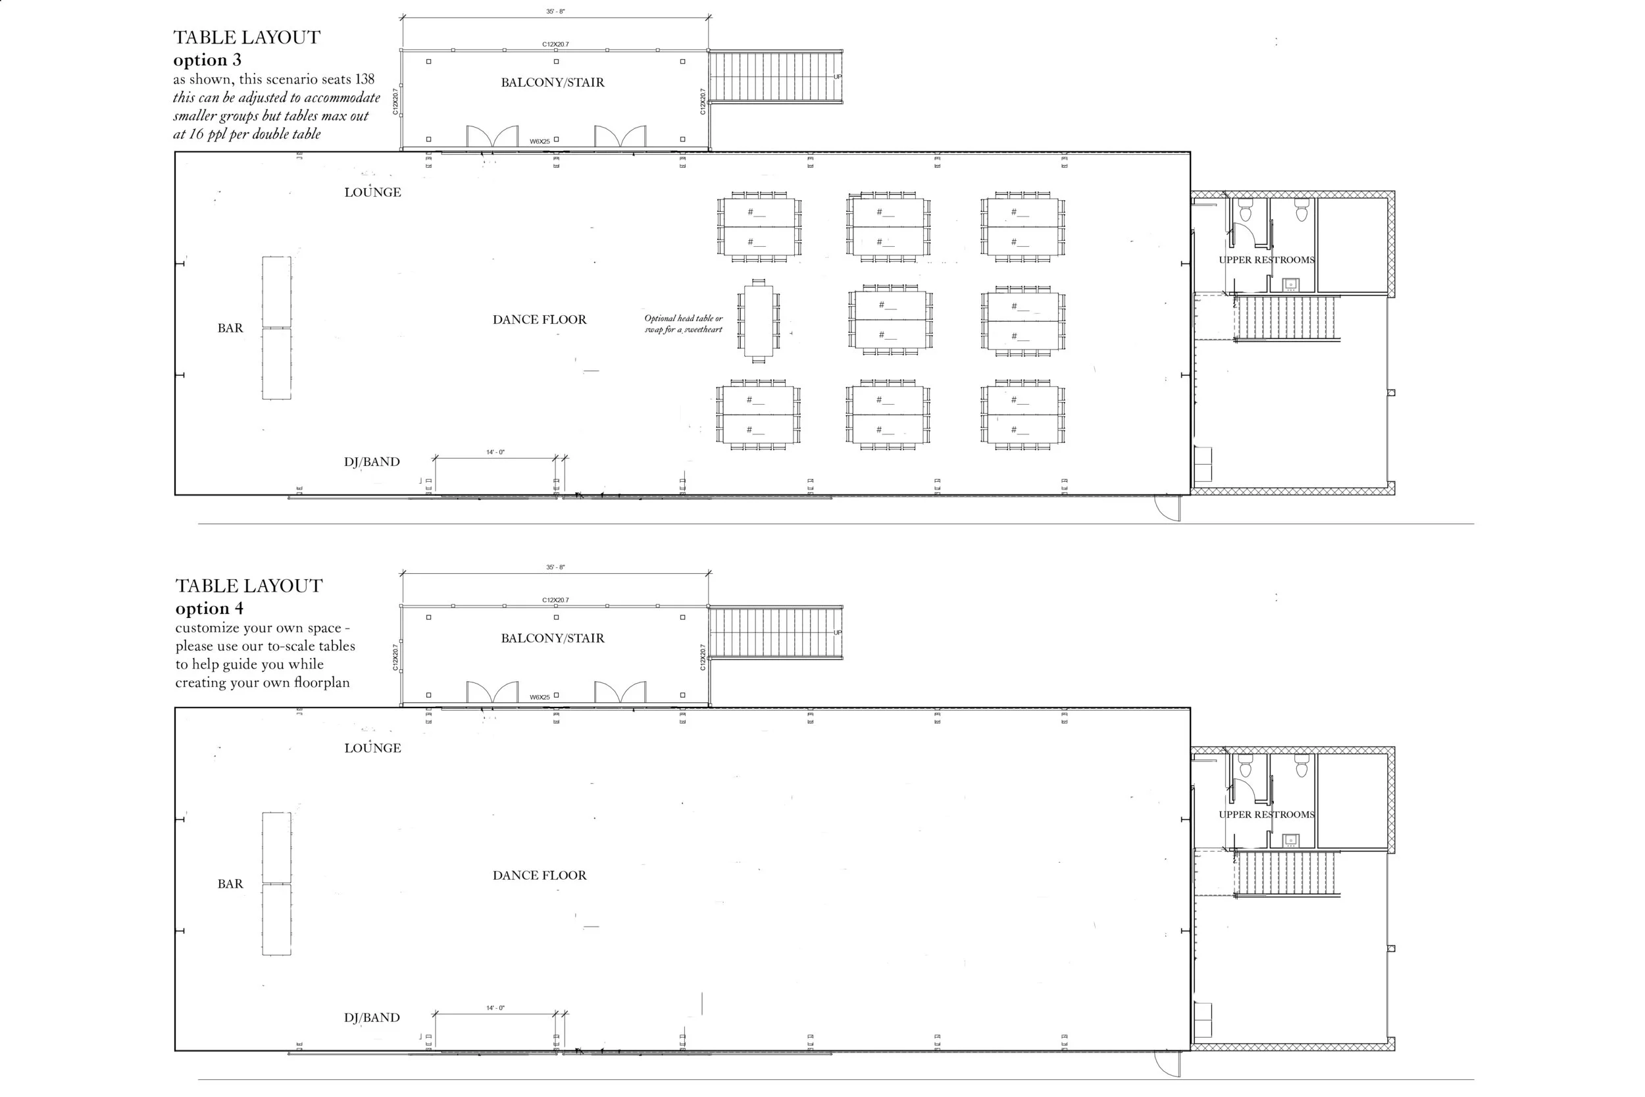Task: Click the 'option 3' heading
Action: pyautogui.click(x=207, y=60)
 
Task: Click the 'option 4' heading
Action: pyautogui.click(x=209, y=609)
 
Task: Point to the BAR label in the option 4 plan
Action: pyautogui.click(x=230, y=884)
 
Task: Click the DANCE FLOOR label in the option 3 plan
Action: pyautogui.click(x=540, y=320)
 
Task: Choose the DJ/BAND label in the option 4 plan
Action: pyautogui.click(x=371, y=1018)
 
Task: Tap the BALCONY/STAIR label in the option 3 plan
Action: pyautogui.click(x=553, y=82)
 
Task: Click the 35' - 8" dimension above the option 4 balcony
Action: pyautogui.click(x=555, y=567)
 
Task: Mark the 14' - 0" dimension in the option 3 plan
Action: pyautogui.click(x=495, y=453)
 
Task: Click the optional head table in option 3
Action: pyautogui.click(x=758, y=320)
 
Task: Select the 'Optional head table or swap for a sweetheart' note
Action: pyautogui.click(x=683, y=324)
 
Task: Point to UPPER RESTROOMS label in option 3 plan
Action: pyautogui.click(x=1266, y=260)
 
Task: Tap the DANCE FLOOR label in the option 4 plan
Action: pyautogui.click(x=540, y=875)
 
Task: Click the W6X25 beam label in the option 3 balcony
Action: pyautogui.click(x=540, y=142)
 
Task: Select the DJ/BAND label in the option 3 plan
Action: pyautogui.click(x=371, y=462)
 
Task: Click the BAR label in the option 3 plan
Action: pyautogui.click(x=230, y=328)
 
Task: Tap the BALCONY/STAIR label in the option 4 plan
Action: pyautogui.click(x=553, y=638)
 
